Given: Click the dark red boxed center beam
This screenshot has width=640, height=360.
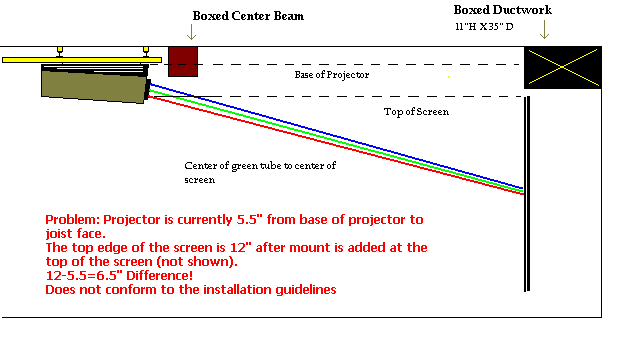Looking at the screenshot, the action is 183,62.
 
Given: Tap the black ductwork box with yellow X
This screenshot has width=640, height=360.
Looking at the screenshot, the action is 562,67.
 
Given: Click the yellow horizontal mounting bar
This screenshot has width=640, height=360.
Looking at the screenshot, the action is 82,60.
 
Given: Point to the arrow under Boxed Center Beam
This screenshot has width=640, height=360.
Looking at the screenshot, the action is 191,32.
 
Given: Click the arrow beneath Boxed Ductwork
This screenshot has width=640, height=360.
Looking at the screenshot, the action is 544,30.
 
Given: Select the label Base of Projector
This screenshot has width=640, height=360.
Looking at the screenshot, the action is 332,75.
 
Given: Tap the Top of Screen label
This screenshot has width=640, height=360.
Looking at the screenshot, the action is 416,112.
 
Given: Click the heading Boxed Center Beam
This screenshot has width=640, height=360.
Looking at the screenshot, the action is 248,16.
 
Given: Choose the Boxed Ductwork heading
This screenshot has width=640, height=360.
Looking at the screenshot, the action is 502,10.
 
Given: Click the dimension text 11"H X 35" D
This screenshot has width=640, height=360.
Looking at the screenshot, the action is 484,27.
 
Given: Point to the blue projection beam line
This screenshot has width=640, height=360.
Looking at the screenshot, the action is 336,136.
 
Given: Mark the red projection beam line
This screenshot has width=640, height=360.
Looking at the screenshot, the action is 336,145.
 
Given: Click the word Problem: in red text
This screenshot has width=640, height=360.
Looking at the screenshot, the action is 72,220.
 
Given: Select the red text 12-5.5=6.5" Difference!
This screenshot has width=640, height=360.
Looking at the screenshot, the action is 119,276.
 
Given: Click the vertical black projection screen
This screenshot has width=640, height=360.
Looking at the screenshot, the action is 527,194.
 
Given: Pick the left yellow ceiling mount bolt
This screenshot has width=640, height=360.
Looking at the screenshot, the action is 60,51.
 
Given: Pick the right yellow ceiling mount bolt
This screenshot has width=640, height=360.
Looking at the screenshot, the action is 146,51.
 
